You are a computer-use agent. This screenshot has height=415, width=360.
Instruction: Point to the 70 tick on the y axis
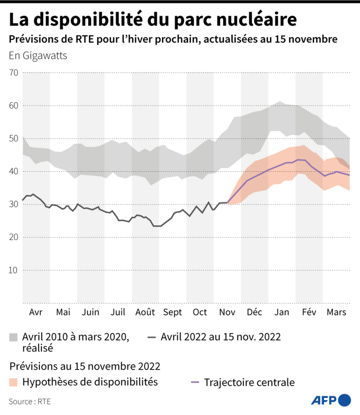[13, 73]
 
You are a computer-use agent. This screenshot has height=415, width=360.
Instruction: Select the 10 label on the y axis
[13, 270]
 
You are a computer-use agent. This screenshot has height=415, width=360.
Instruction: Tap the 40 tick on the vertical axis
[13, 171]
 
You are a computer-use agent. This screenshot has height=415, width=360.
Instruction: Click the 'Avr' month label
[36, 312]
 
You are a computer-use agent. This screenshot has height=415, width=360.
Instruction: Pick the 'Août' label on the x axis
[145, 312]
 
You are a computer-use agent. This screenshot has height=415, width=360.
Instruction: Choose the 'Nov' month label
[227, 312]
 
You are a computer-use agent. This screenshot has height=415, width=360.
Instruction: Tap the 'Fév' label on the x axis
[309, 312]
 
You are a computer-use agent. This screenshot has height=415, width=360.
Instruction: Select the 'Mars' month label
[336, 312]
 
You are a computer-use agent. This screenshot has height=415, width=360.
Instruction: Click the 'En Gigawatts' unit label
[38, 55]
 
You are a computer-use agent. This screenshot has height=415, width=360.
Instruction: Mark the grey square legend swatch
[14, 337]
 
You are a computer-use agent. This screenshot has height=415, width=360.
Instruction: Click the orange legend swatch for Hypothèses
[14, 382]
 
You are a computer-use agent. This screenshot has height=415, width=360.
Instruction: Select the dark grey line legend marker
[152, 337]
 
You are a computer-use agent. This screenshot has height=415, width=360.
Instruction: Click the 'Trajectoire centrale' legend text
[249, 382]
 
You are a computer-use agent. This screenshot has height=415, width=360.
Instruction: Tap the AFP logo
[331, 400]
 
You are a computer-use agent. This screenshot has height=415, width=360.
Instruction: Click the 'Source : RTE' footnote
[29, 401]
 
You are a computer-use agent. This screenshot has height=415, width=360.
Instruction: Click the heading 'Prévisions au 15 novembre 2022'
[84, 366]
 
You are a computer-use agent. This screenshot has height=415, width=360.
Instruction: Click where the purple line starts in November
[228, 203]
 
